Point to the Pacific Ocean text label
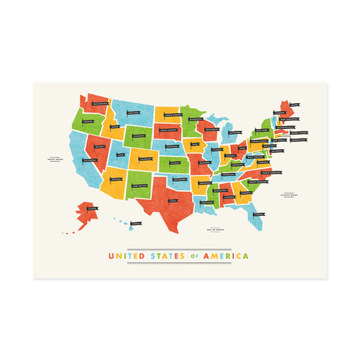coord(54,162)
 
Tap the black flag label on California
coord(88,160)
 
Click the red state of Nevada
coord(99,146)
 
